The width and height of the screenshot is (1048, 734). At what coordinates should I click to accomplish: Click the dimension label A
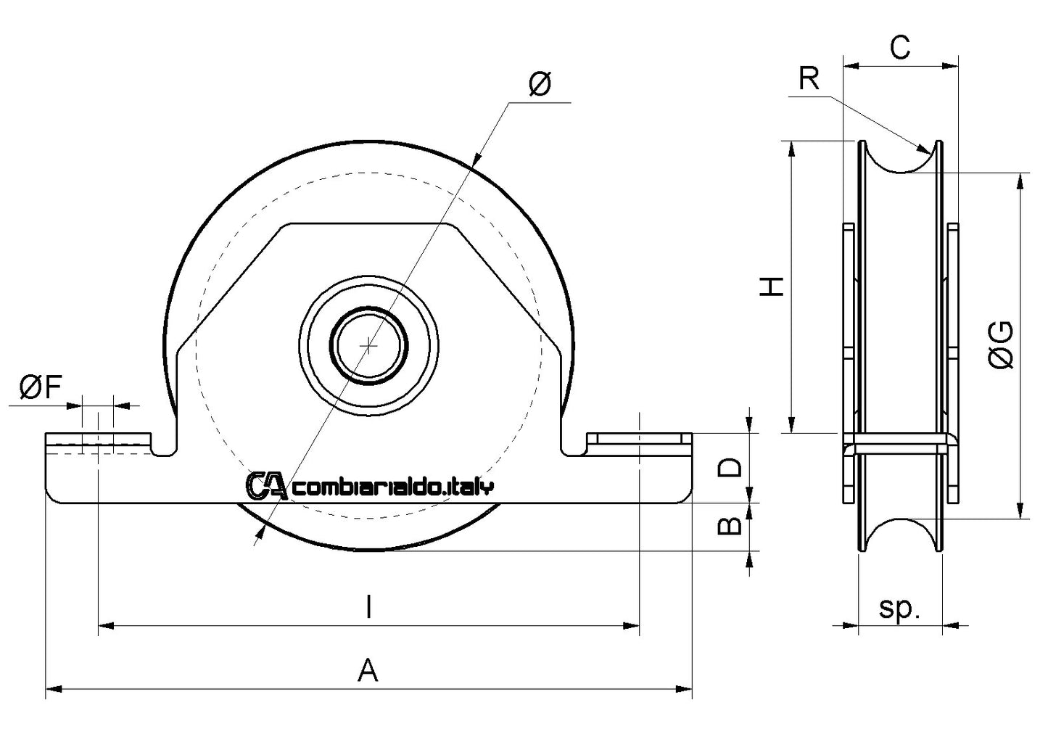pos(368,669)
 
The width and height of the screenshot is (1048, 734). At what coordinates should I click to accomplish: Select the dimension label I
pos(369,606)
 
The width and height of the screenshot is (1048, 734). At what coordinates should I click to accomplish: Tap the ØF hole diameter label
pos(40,389)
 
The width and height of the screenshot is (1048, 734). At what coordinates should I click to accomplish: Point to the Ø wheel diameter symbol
pos(540,85)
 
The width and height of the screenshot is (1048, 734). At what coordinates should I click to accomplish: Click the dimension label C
pos(899,48)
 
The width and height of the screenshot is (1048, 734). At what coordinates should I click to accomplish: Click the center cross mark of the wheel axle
pos(369,346)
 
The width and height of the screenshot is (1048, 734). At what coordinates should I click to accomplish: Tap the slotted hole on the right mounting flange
pos(638,440)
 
